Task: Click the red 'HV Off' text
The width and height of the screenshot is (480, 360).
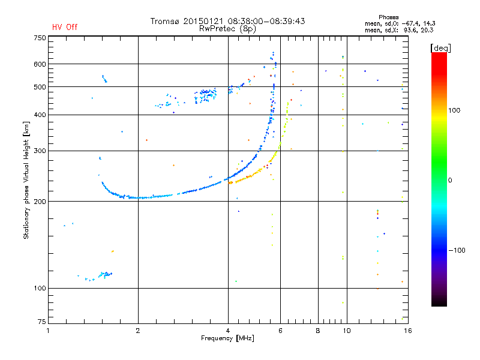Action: [64, 27]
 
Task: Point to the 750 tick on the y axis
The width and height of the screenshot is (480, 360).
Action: [39, 38]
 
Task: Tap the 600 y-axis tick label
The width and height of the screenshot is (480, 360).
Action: [39, 64]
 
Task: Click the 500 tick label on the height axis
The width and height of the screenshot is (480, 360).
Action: [39, 87]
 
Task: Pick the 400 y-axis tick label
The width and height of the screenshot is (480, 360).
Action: [39, 115]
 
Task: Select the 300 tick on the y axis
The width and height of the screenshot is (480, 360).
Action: [39, 151]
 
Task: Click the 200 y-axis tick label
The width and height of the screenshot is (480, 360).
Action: [39, 202]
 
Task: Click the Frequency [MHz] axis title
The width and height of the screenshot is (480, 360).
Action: [227, 338]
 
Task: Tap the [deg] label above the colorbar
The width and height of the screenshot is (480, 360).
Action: [440, 47]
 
